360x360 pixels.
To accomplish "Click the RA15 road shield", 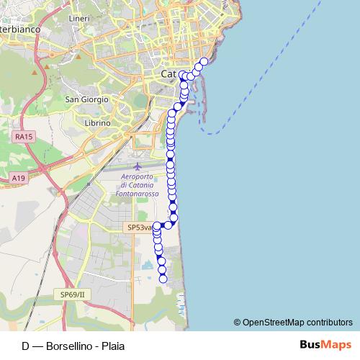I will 24,135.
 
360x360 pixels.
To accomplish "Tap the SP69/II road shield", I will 72,294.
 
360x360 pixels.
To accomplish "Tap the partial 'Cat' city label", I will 168,74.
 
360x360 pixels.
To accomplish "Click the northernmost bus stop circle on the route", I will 204,62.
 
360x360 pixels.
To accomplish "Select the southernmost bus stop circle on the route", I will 163,279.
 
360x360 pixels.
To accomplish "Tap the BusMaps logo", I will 325,345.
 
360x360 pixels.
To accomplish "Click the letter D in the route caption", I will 26,346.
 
